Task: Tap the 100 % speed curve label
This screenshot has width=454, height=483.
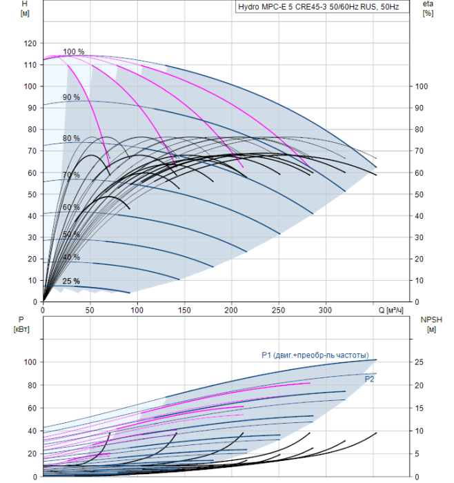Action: (73, 52)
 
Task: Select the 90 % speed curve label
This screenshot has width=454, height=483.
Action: (71, 97)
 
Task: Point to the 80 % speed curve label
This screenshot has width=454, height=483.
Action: (71, 138)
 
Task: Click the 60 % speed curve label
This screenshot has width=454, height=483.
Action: (71, 207)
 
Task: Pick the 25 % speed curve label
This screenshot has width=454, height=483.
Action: (71, 281)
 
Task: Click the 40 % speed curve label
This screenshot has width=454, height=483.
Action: (71, 257)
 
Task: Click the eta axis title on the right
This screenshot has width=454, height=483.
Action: (427, 4)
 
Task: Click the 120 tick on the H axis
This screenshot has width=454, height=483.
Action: (30, 43)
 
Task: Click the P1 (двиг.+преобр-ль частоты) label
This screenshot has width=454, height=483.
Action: (319, 355)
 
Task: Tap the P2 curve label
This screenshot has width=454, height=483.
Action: (369, 379)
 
